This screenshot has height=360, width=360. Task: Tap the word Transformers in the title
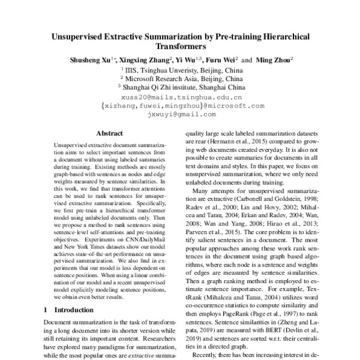click(180, 47)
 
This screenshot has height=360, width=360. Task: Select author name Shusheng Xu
click(88, 60)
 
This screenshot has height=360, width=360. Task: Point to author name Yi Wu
click(190, 60)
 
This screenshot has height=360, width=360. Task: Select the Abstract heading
click(110, 136)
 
